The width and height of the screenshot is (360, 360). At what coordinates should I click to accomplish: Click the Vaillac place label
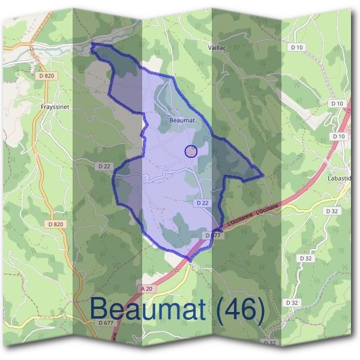[217, 47]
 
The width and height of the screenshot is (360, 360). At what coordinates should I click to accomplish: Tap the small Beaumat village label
[183, 121]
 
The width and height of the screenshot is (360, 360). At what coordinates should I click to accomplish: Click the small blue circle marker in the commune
[191, 151]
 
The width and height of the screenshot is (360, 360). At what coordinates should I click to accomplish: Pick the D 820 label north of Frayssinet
[45, 76]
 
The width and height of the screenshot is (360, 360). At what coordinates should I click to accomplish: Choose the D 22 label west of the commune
[104, 166]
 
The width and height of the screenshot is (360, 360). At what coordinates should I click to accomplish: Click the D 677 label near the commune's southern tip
[214, 236]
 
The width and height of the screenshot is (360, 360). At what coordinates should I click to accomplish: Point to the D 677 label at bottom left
[106, 323]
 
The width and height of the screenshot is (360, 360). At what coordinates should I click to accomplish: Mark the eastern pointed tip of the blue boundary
[263, 175]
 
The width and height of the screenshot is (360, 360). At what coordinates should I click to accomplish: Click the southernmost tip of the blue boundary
[188, 260]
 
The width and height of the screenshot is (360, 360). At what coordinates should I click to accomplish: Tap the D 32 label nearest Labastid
[331, 211]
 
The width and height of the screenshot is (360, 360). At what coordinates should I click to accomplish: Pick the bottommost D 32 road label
[269, 343]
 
